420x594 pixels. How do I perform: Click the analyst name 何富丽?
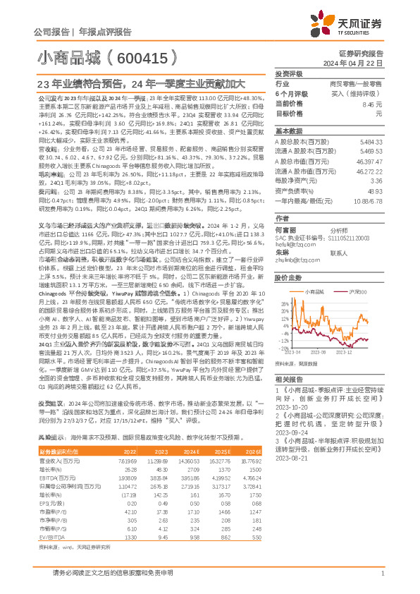click(x=285, y=210)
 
